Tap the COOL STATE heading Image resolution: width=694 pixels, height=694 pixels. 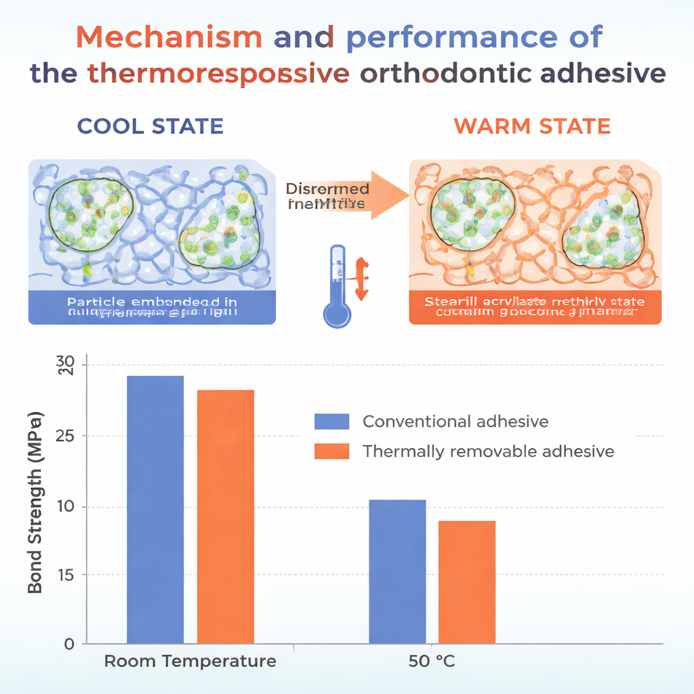[x=150, y=126]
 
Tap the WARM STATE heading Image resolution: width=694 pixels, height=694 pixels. [x=532, y=126]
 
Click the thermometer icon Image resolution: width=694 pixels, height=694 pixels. [x=337, y=287]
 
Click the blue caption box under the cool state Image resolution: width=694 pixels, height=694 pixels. [x=152, y=307]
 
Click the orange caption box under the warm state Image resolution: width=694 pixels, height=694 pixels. [x=535, y=307]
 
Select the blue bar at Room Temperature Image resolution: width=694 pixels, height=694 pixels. [x=155, y=509]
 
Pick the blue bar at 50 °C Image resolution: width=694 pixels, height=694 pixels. [x=397, y=571]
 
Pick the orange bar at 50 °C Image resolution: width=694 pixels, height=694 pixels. [x=467, y=581]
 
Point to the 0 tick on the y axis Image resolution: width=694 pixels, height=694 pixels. [x=68, y=643]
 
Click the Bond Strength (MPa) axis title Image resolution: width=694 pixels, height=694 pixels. [x=35, y=502]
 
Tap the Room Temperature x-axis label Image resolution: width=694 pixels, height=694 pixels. [x=190, y=661]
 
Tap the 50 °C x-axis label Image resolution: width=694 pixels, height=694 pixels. [x=432, y=661]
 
